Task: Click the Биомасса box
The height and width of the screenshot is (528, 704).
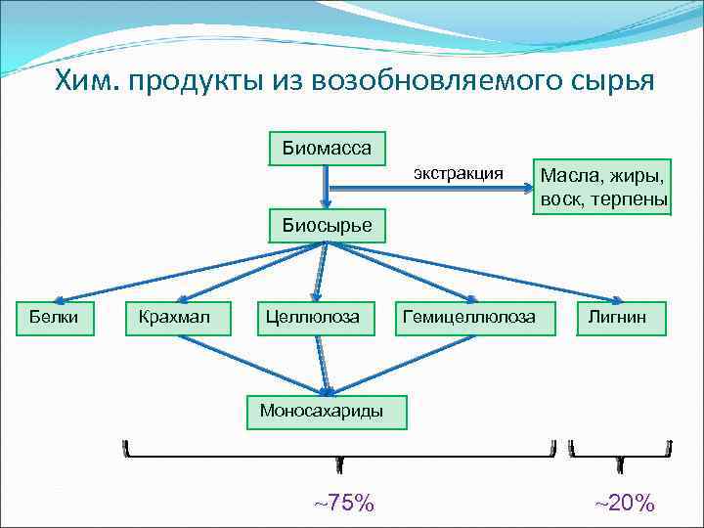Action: pos(327,149)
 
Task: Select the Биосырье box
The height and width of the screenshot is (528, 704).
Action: pos(327,225)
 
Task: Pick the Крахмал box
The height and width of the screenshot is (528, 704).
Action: pos(181,317)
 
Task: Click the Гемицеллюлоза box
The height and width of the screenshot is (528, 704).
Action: pos(468,317)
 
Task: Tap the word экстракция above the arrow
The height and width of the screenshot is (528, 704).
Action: pos(458,173)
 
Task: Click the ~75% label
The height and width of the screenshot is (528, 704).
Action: pos(343,503)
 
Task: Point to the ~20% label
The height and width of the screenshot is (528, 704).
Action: pos(624,503)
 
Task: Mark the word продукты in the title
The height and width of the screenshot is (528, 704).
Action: pos(196,79)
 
